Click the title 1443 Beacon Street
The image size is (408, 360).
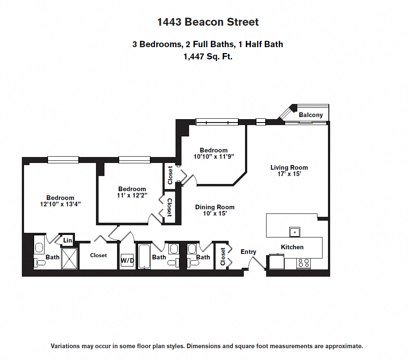208,22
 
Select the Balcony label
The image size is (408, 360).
311,115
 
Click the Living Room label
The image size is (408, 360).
289,168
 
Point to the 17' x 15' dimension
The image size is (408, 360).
289,173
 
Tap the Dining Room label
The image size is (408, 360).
215,207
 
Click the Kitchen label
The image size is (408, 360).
292,247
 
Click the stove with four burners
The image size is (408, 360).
303,263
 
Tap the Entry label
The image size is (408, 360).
248,252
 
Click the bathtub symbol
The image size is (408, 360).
144,256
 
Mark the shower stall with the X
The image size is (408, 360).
69,258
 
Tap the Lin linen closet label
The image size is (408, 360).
67,240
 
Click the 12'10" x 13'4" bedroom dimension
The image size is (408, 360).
60,204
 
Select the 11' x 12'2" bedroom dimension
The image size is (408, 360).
132,195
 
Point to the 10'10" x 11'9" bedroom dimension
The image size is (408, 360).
213,156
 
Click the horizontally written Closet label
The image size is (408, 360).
98,255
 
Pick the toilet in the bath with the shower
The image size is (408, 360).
40,263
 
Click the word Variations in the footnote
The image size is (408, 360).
65,346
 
